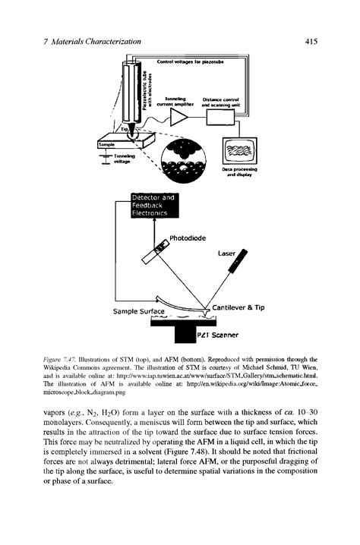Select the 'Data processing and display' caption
[x=238, y=173]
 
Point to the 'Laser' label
[x=226, y=254]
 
